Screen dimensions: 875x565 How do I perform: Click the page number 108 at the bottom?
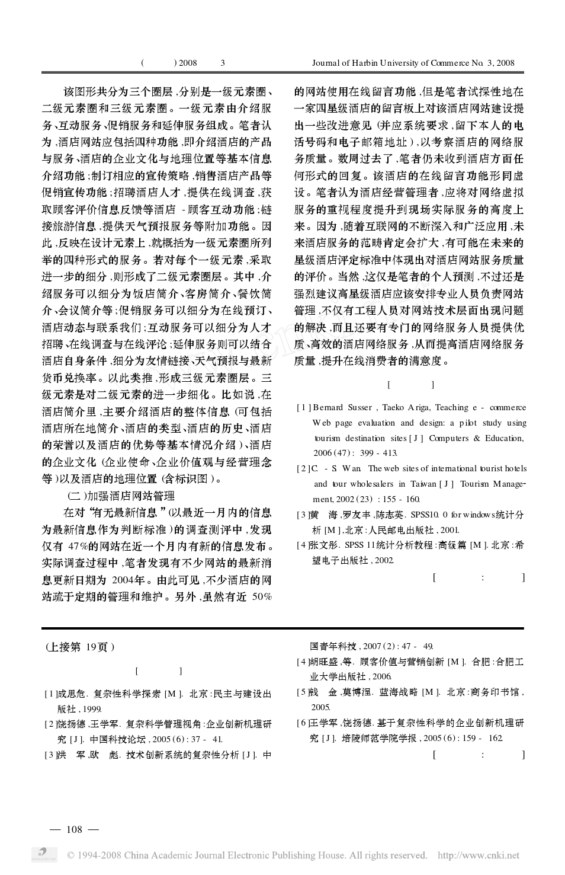point(74,829)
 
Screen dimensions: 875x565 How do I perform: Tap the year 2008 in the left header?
point(188,63)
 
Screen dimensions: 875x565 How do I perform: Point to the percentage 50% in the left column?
point(261,597)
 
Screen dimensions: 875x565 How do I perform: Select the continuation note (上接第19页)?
point(80,647)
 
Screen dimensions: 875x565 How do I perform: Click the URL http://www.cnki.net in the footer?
point(478,855)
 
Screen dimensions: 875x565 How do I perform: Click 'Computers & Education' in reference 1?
point(477,438)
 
